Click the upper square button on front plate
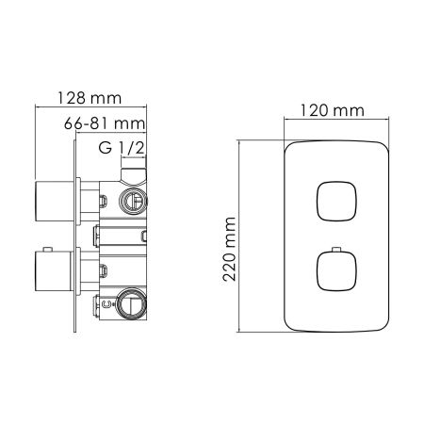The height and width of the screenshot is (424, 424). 334,201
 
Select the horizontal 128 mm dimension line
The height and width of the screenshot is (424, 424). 91,108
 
